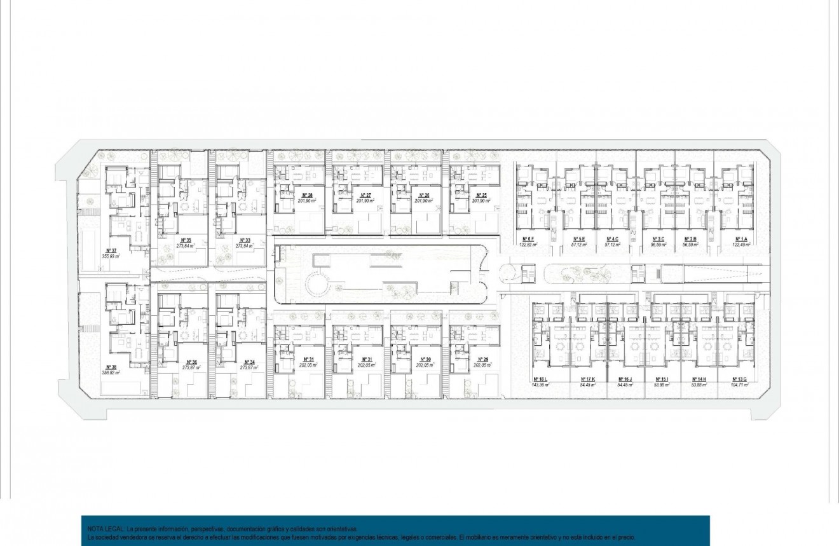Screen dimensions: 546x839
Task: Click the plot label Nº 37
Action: [x=111, y=250]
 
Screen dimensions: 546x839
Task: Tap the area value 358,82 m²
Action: [x=111, y=373]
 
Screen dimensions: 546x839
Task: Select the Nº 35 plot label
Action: [x=186, y=240]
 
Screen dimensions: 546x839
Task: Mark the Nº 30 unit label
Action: [x=423, y=360]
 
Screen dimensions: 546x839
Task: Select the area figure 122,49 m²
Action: [x=740, y=244]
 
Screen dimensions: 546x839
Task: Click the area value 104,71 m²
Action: [x=739, y=385]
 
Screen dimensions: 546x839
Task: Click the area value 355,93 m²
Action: [x=111, y=256]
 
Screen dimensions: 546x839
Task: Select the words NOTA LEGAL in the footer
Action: [x=106, y=529]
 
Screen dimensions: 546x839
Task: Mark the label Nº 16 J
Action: [x=624, y=379]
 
